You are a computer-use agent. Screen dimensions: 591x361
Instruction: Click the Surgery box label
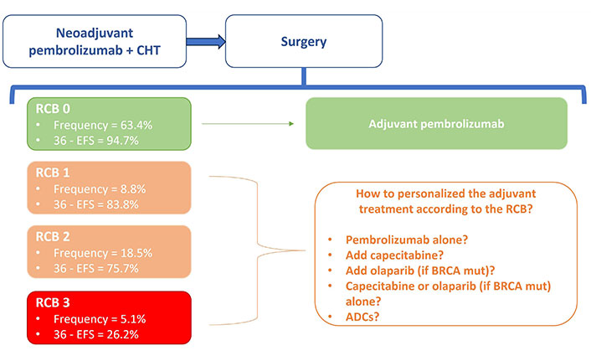click(x=303, y=42)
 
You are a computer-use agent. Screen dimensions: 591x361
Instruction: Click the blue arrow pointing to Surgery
click(x=206, y=42)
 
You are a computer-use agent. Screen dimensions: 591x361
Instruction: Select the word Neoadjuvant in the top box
click(x=95, y=34)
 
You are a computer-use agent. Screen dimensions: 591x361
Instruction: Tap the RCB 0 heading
click(x=53, y=109)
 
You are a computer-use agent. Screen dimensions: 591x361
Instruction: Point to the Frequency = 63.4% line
click(x=103, y=125)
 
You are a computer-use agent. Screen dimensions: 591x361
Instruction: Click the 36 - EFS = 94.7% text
click(x=96, y=141)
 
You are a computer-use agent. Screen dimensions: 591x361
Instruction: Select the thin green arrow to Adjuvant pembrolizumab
click(x=248, y=124)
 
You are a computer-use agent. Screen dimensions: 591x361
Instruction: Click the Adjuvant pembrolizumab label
click(x=436, y=124)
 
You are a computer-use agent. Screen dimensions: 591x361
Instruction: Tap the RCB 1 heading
click(x=53, y=173)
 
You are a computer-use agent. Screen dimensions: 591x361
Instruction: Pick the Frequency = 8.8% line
click(x=100, y=189)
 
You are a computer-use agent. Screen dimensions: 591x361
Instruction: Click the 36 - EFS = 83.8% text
click(x=96, y=205)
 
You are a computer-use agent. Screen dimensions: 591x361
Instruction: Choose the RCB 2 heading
click(x=53, y=237)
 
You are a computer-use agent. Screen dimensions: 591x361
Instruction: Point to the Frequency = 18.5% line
click(x=103, y=253)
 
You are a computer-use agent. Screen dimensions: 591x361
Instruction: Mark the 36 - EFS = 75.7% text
click(x=96, y=269)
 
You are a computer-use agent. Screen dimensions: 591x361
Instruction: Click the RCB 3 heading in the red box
click(x=53, y=303)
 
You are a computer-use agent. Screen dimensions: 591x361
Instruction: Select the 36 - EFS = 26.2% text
click(x=96, y=334)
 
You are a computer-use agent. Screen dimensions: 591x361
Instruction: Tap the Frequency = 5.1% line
click(x=100, y=319)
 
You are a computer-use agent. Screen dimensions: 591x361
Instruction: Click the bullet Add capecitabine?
click(x=394, y=255)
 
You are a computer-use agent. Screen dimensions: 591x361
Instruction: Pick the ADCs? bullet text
click(x=362, y=317)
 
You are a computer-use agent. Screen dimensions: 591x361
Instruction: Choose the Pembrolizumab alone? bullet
click(x=407, y=240)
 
